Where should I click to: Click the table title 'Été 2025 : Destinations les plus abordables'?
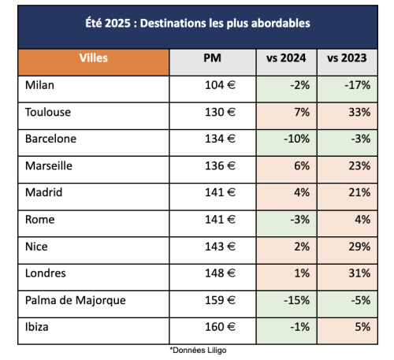(198, 23)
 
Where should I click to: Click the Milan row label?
(39, 85)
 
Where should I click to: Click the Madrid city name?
(44, 192)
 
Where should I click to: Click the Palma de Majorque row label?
(76, 301)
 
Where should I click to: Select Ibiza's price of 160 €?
(220, 327)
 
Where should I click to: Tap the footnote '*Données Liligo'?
(198, 351)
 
